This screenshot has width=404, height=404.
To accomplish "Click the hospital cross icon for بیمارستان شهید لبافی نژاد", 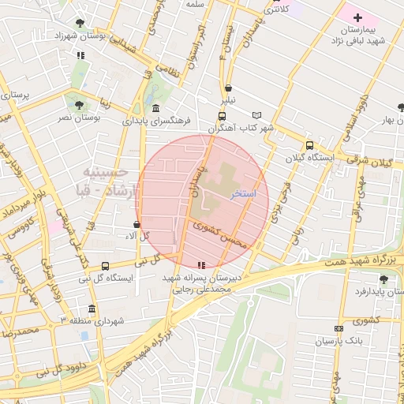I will pos(357,17).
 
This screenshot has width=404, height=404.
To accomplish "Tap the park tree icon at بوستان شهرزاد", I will pos(80,24).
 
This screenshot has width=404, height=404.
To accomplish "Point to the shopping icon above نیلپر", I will pos(228,88).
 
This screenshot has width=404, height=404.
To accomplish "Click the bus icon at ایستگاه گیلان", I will pos(309,145).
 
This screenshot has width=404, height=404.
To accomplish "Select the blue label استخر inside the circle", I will pos(242,193).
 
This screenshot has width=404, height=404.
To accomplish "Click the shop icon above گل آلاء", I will pos(137,224).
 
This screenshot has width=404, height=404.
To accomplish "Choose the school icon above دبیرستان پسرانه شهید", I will pos(201,265).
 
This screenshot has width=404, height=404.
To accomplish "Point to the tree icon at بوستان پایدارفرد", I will pos(383,279).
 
